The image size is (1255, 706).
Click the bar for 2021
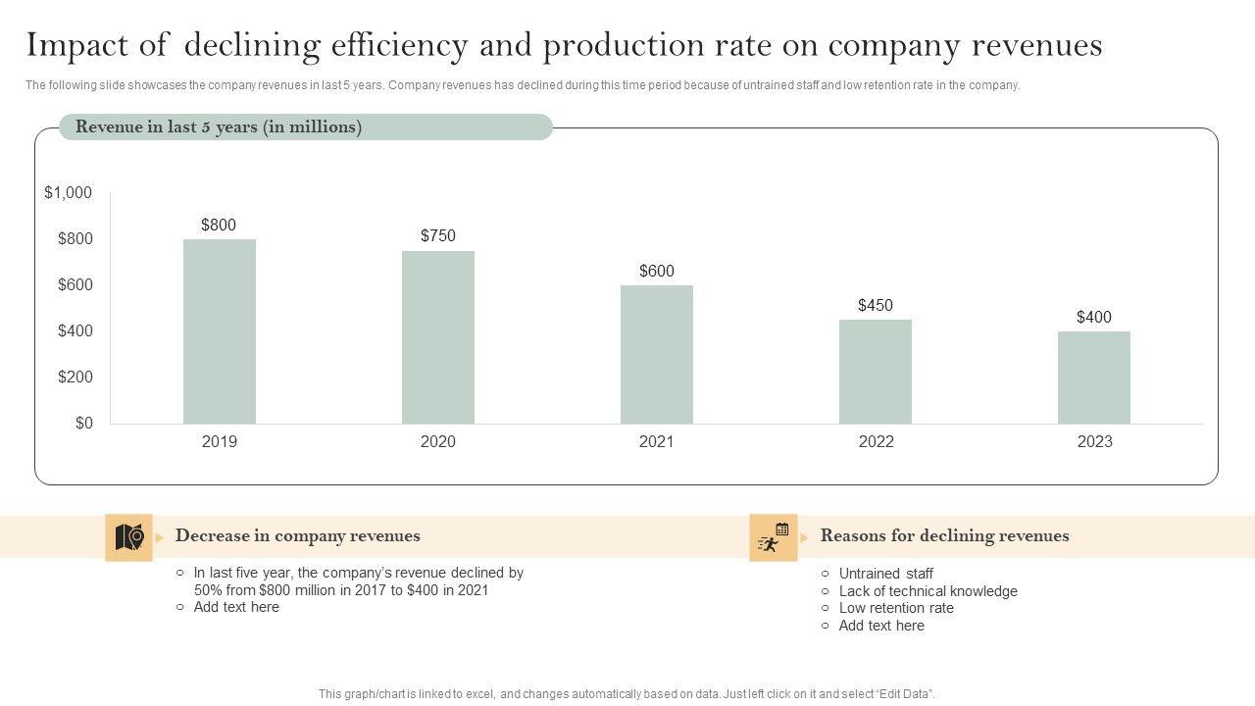[657, 354]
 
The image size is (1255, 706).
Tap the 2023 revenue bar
[1094, 378]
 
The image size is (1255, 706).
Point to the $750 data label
[438, 235]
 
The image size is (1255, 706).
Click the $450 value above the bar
[876, 305]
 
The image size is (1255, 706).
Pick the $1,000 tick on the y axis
[69, 193]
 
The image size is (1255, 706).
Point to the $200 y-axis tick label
[75, 378]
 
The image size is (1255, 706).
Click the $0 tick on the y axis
[84, 424]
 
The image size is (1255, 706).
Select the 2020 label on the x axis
[438, 442]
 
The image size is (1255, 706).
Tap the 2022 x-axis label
[876, 442]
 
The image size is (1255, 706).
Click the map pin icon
[129, 537]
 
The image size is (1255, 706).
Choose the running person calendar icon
[774, 537]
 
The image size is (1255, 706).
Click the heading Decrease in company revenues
[297, 536]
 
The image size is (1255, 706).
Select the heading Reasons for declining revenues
[944, 536]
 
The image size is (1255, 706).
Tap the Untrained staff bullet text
[885, 574]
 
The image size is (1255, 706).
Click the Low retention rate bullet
[896, 608]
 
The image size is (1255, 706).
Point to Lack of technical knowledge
[928, 591]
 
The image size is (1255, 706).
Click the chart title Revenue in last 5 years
[219, 127]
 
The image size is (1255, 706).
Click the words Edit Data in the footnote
[902, 694]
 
